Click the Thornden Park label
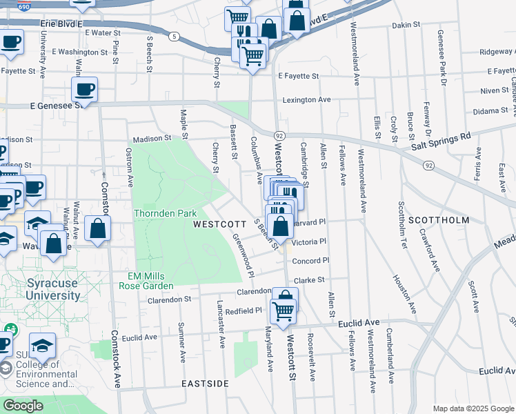coord(166,214)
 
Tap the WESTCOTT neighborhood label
coord(219,224)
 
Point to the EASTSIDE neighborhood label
coord(205,383)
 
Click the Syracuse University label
coord(52,289)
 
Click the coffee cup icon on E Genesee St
coord(84,90)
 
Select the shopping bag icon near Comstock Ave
coord(98,228)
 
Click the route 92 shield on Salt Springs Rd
coord(429,165)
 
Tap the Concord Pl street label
coord(310,261)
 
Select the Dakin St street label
coord(406,25)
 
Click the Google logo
coord(23,406)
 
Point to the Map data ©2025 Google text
coord(473,408)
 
